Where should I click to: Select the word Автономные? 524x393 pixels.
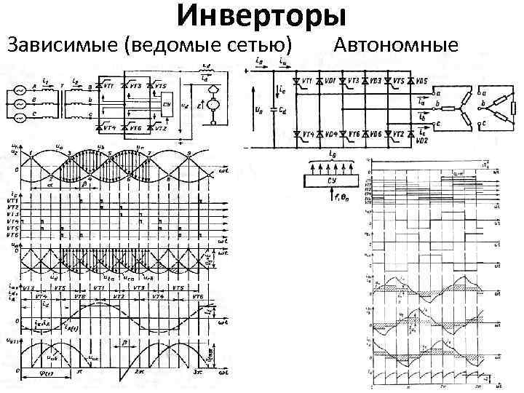pos(396,45)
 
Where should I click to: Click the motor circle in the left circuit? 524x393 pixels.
pos(214,106)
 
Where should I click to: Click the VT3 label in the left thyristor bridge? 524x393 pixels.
pos(134,85)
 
